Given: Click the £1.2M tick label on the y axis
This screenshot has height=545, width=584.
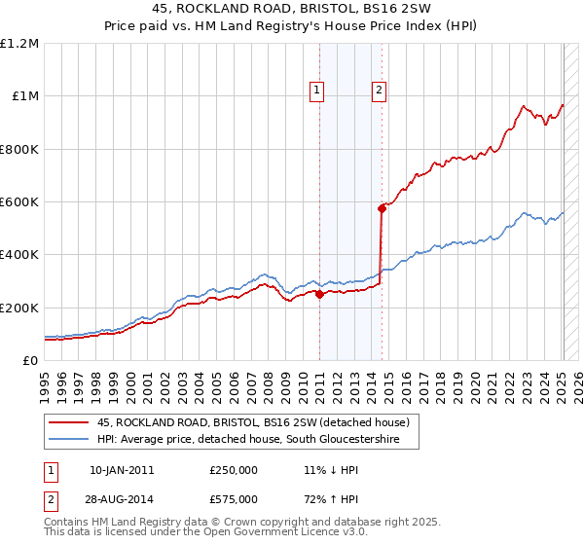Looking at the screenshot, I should [19, 44].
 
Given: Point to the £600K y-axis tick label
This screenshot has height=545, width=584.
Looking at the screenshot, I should [19, 202].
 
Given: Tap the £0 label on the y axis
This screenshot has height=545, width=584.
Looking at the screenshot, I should [30, 361].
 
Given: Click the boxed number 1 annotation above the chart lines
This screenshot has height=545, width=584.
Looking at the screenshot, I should [317, 91].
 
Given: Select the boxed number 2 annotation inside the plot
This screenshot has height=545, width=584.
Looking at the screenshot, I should [379, 91].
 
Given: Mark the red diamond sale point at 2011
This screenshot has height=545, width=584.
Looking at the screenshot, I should [319, 295].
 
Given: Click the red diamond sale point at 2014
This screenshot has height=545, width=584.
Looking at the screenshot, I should [382, 208].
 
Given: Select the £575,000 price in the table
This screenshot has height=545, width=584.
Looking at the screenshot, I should [234, 499].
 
